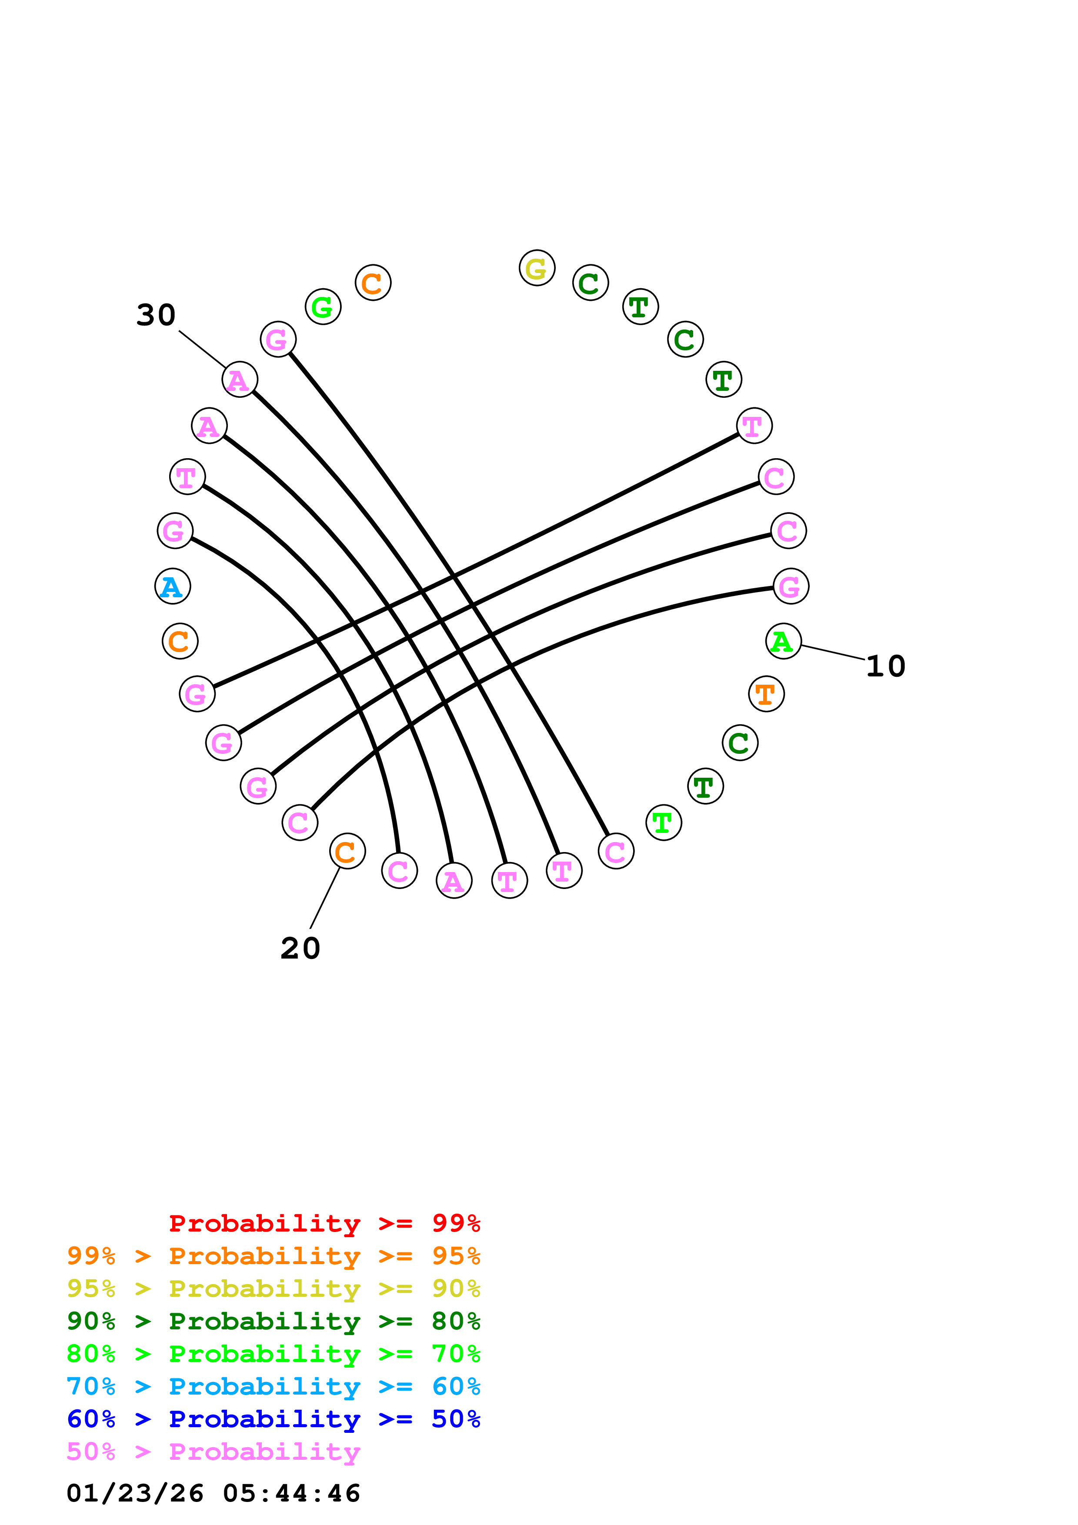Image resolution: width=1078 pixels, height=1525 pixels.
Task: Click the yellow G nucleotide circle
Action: point(537,268)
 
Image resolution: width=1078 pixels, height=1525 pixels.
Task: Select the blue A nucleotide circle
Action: point(173,586)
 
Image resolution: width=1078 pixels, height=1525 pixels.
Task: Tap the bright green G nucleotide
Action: point(323,307)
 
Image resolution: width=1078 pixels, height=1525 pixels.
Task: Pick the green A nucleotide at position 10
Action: point(783,642)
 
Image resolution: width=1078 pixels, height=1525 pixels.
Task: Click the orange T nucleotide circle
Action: point(767,694)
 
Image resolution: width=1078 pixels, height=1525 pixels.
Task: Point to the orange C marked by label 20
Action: point(347,851)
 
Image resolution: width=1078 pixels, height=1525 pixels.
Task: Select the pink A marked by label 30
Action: point(240,380)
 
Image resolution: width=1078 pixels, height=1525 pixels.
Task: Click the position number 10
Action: point(886,666)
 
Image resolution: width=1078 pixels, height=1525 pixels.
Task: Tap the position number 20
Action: point(300,949)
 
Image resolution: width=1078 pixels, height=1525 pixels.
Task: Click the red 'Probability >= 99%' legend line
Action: point(324,1223)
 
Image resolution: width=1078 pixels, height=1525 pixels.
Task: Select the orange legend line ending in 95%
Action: point(273,1256)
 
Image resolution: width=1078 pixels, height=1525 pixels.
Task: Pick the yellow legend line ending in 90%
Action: point(273,1289)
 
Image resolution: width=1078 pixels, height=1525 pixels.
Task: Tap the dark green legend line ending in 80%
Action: point(273,1321)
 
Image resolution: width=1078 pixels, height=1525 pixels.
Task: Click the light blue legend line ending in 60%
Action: point(273,1386)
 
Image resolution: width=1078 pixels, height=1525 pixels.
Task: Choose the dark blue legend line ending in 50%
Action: point(273,1419)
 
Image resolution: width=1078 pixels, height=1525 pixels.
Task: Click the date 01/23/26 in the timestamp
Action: point(135,1494)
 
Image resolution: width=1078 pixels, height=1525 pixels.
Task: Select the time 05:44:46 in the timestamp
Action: point(292,1494)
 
